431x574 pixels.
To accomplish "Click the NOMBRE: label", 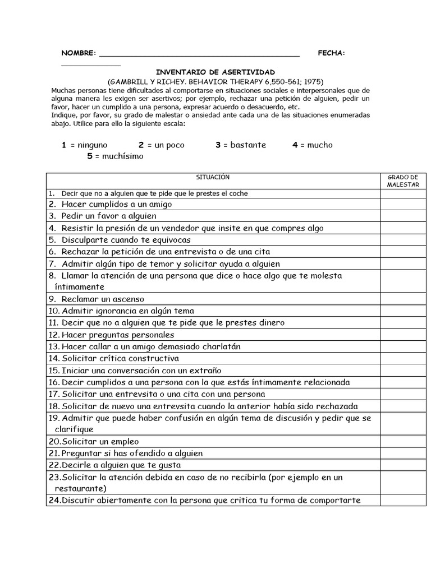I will click(78, 53).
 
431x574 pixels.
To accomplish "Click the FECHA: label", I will click(331, 53).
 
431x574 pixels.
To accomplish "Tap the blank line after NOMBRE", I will click(199, 54).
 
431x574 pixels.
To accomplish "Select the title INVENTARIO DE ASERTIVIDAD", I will click(215, 72).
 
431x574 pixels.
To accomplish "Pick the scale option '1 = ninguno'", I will click(84, 145).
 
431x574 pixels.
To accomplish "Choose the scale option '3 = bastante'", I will click(241, 145).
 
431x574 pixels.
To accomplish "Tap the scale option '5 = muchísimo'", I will click(115, 156).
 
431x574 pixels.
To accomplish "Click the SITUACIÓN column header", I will click(213, 177).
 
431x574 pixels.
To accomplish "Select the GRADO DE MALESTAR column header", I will click(403, 180).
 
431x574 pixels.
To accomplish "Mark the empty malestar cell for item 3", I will click(403, 216).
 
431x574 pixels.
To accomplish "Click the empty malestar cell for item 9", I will click(403, 299).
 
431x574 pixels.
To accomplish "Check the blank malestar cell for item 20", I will click(403, 442).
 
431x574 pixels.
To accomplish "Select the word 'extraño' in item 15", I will click(205, 371).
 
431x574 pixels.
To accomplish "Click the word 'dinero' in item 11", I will click(270, 323).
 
